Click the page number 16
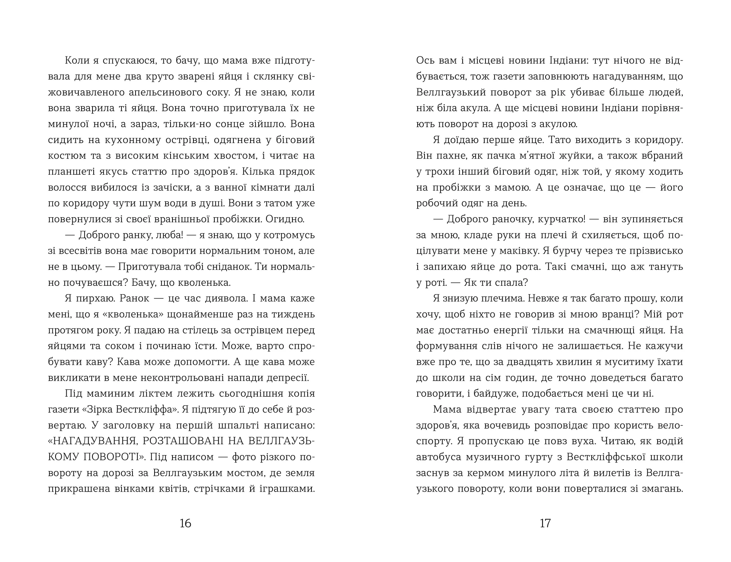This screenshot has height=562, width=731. (185, 524)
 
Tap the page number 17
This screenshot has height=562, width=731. (545, 524)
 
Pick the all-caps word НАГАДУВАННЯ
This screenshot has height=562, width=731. (93, 441)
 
